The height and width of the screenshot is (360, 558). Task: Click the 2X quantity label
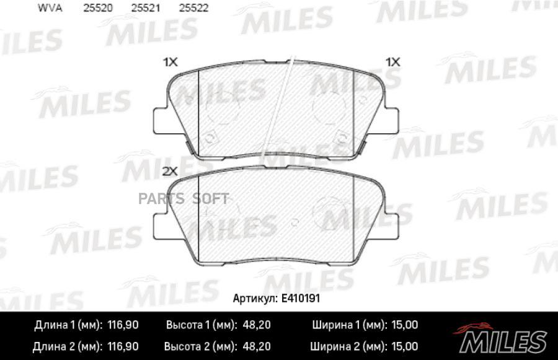pyautogui.click(x=170, y=170)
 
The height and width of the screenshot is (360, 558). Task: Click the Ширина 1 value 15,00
pyautogui.click(x=404, y=325)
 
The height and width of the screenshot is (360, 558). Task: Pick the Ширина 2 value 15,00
pyautogui.click(x=404, y=346)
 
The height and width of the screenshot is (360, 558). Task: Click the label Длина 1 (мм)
pyautogui.click(x=65, y=325)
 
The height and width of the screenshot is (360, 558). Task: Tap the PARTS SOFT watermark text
pyautogui.click(x=196, y=199)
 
